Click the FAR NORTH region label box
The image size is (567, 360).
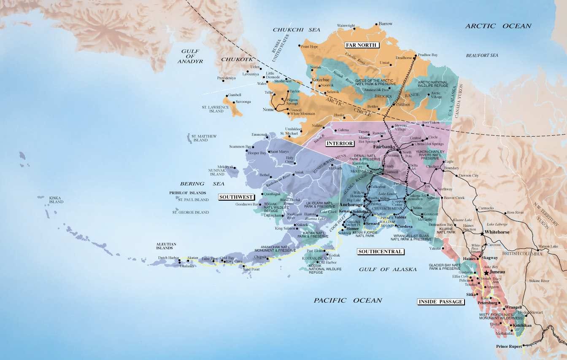tap(362, 45)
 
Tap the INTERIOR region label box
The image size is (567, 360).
tap(340, 143)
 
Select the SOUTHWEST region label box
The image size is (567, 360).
tap(236, 197)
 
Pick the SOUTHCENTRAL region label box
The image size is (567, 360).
tap(380, 252)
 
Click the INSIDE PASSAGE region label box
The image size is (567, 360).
tap(440, 301)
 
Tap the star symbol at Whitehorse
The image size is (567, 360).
tap(482, 233)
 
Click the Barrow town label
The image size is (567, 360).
tap(386, 24)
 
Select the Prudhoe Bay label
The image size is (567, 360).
tap(428, 55)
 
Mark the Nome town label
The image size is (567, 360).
tap(268, 110)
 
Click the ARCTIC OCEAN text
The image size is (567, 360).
tap(498, 26)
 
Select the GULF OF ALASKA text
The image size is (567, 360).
tap(385, 269)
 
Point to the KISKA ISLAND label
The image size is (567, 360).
tap(56, 199)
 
